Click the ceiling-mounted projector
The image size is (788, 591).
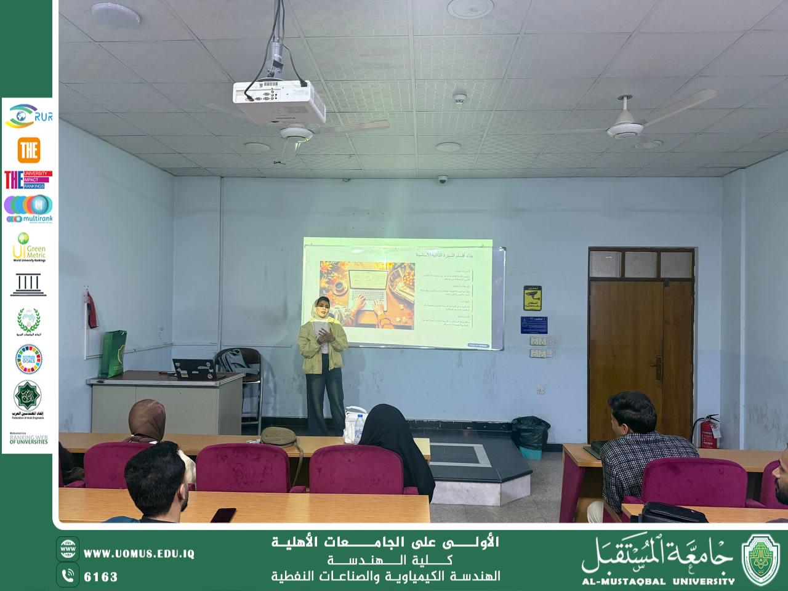278,100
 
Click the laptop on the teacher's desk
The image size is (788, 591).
192,368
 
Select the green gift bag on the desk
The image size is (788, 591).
113,353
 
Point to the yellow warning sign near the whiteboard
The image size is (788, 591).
533,298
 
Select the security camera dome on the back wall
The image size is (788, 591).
442,180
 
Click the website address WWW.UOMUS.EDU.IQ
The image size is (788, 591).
139,553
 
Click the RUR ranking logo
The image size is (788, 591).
28,116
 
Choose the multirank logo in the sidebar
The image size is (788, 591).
28,209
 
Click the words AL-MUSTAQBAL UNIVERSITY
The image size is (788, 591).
658,581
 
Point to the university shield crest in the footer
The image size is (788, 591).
761,559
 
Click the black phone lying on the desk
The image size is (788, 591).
223,515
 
